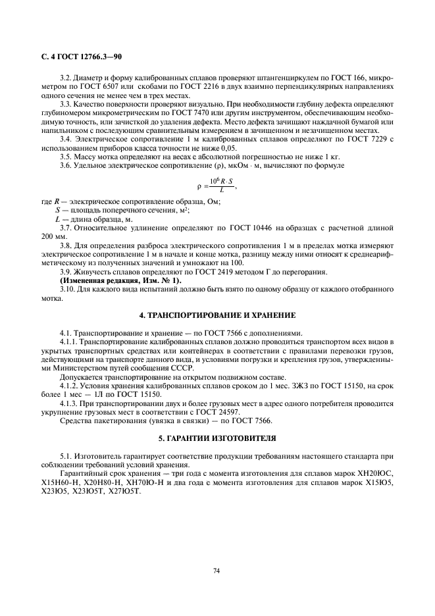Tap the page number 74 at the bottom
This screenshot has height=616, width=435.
217,571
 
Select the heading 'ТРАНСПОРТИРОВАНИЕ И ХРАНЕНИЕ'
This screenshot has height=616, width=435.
217,315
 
